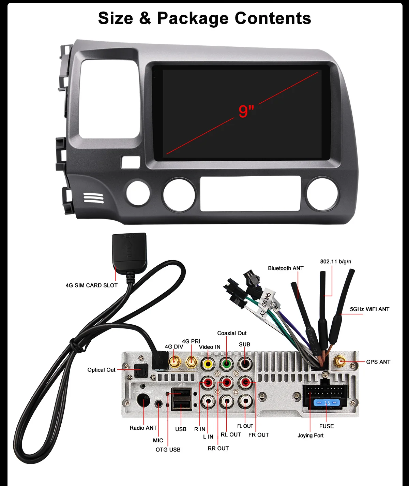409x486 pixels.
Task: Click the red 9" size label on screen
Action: coord(246,111)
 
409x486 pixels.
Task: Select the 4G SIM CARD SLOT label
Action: coord(91,285)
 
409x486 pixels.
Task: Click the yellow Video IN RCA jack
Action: coord(208,364)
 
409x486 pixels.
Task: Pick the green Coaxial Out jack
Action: coord(226,364)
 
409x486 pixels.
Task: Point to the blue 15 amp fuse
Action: coord(327,403)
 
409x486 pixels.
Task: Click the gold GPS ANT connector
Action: coord(340,361)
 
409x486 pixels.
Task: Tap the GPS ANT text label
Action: coord(378,362)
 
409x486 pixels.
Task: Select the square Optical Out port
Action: coord(140,370)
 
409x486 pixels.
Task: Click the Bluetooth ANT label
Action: coord(286,268)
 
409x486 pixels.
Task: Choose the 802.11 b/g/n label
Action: coord(335,262)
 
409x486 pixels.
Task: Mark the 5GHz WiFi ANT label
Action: coord(369,309)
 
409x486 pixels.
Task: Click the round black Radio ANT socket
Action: coord(143,400)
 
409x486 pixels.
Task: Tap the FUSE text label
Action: coord(326,426)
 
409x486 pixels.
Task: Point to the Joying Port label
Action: coord(310,436)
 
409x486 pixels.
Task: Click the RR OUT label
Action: coord(218,448)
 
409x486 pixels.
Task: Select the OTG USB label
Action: coord(168,450)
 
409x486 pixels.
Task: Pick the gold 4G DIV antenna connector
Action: coord(175,361)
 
